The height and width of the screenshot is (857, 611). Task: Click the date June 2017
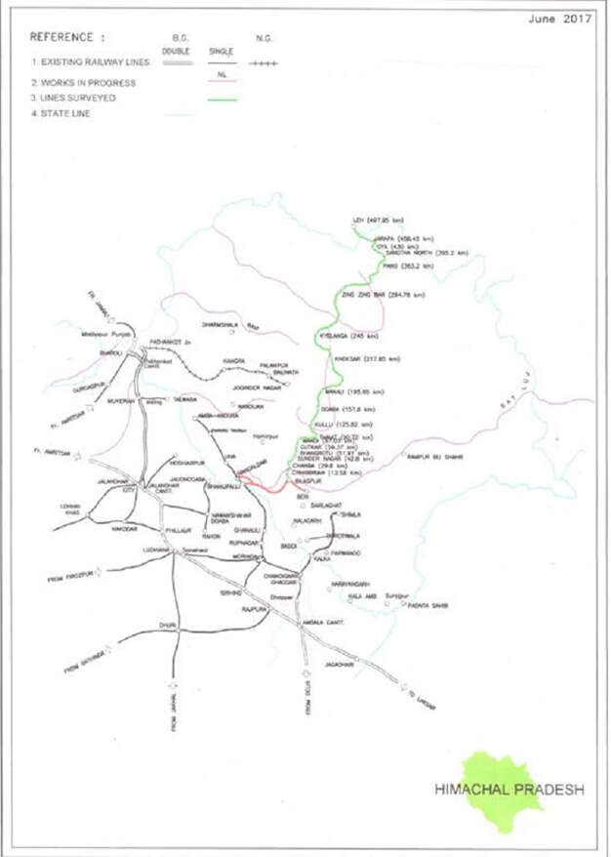(559, 18)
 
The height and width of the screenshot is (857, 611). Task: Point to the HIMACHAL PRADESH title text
(509, 790)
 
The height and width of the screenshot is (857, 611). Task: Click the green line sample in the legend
(224, 99)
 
